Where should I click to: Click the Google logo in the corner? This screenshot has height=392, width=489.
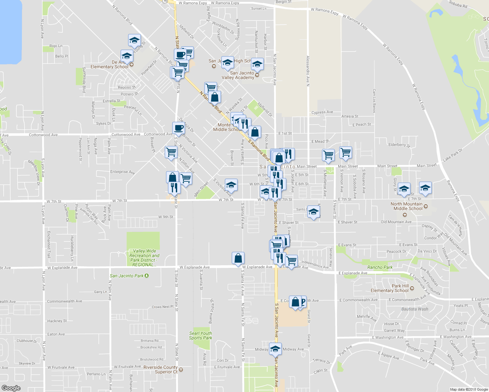tap(11, 388)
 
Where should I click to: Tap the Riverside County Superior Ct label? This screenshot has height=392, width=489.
tap(161, 369)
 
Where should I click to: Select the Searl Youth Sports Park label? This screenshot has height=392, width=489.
tap(200, 335)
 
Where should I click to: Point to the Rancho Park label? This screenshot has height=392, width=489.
tap(380, 267)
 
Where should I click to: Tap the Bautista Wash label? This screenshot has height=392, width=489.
tap(414, 309)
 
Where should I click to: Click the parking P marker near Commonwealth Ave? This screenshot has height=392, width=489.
tap(303, 302)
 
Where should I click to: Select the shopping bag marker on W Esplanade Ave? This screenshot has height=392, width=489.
tap(238, 258)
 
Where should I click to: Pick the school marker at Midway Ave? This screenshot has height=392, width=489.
tap(275, 349)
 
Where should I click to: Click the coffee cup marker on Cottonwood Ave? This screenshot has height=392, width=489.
tap(178, 128)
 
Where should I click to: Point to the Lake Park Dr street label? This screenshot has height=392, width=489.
tap(453, 155)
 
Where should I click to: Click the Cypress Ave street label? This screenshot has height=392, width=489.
tap(322, 112)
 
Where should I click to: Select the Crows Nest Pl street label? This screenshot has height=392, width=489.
tap(162, 307)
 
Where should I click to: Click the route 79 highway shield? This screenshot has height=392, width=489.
tap(165, 1)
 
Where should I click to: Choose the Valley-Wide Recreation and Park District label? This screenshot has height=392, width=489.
tap(144, 258)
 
